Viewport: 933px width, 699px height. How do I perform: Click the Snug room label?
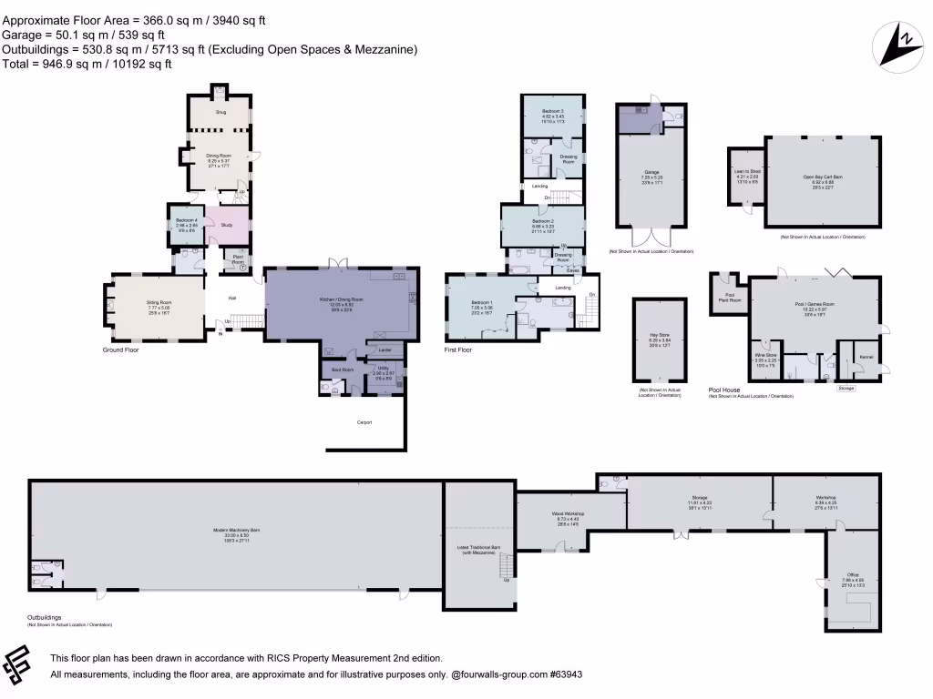[220, 112]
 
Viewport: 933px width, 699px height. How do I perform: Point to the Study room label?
[225, 224]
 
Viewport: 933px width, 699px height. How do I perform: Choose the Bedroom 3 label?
[554, 113]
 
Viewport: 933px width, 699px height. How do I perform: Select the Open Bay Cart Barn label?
[823, 179]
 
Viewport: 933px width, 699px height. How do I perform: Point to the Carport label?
[364, 422]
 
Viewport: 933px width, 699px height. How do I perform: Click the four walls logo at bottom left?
[22, 666]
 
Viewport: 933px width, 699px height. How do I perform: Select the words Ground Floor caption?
[120, 349]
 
